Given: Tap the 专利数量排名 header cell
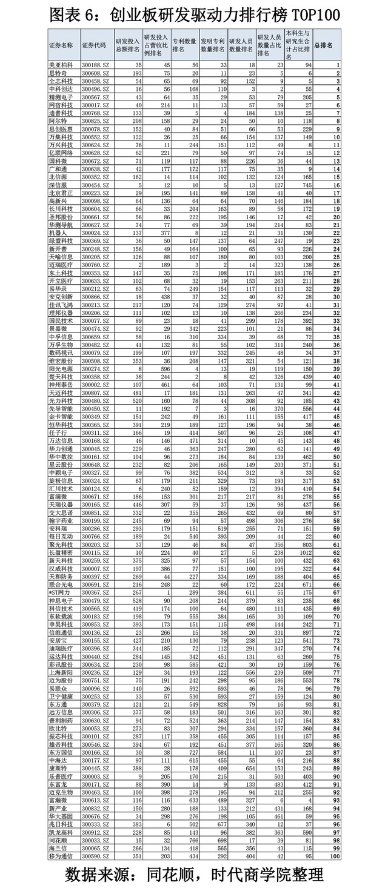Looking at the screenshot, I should point(185,45).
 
